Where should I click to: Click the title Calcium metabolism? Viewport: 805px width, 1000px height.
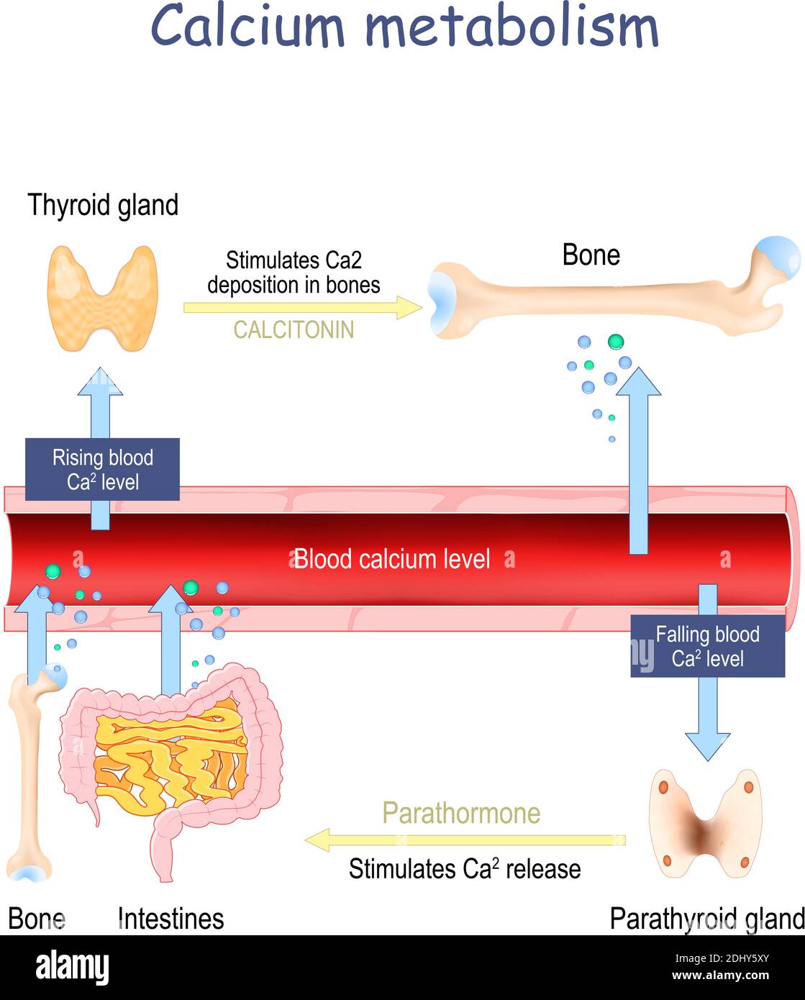[404, 27]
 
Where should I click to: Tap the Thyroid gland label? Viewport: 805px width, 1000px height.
[103, 206]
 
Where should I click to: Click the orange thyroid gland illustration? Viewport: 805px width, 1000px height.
[102, 299]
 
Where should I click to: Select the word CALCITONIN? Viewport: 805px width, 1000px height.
[294, 329]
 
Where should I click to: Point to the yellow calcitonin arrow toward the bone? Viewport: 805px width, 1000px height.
[302, 308]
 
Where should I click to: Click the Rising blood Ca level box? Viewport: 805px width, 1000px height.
[102, 470]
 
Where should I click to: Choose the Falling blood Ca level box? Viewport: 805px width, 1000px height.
[707, 646]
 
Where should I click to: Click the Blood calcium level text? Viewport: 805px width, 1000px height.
[392, 559]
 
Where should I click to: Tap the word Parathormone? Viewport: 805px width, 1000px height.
[461, 813]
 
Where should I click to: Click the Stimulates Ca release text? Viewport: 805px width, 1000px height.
[465, 869]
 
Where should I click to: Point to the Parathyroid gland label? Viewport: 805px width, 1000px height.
[706, 919]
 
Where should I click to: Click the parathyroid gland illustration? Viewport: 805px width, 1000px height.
[705, 824]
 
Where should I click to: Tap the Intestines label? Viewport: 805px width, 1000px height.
[170, 919]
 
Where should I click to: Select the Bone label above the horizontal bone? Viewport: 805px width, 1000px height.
[591, 255]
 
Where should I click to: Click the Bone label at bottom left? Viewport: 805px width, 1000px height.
[36, 919]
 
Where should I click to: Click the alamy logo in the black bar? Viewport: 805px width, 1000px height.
[73, 967]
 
